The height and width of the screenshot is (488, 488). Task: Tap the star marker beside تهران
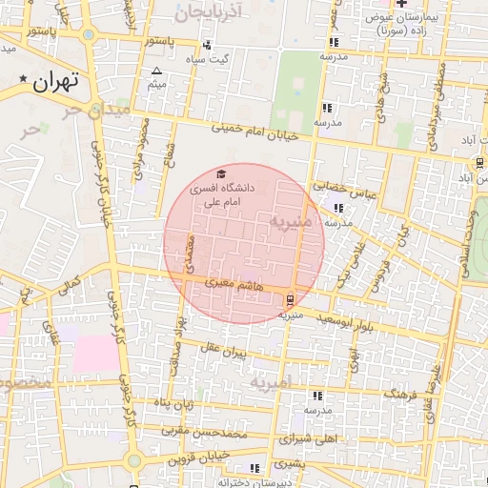(x=23, y=77)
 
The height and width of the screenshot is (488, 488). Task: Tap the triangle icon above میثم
(x=158, y=71)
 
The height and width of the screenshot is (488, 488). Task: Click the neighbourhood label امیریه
(x=274, y=383)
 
